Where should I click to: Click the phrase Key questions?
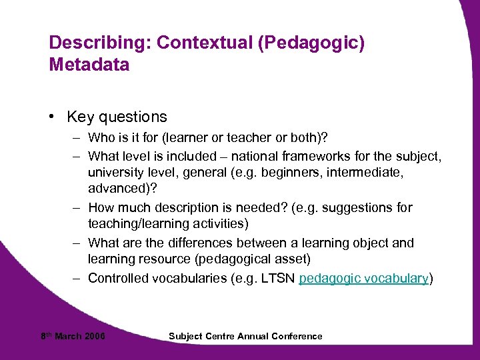[x=117, y=117]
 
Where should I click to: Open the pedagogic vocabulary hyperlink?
[x=363, y=278]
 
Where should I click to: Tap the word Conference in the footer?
[x=297, y=336]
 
